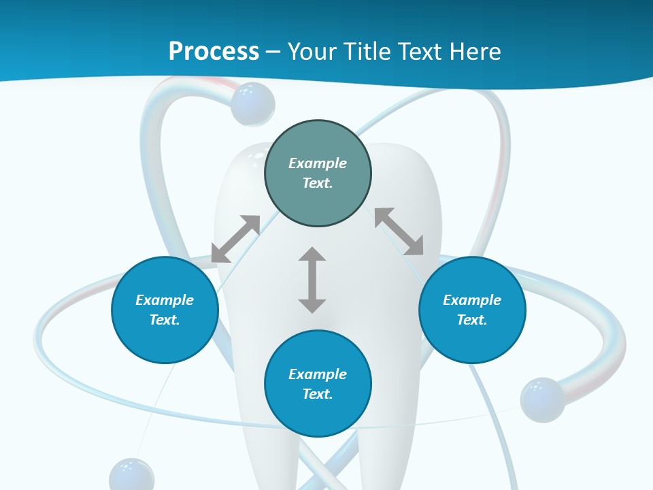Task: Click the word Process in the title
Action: tap(214, 52)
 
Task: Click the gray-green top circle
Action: tap(318, 197)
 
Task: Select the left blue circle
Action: tap(165, 340)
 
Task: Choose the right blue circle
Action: tap(472, 340)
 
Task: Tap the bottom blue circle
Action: tap(318, 415)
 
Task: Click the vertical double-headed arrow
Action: tap(312, 280)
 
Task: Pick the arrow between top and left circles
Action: tap(235, 239)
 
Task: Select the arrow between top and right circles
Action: tap(399, 231)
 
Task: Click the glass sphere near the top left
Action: tap(252, 103)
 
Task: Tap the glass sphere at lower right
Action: tap(542, 399)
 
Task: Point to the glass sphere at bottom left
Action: tap(131, 476)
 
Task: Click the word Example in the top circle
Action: tap(318, 163)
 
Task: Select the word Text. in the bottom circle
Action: tap(318, 394)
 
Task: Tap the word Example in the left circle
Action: tap(165, 300)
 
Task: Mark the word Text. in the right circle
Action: tap(472, 320)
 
